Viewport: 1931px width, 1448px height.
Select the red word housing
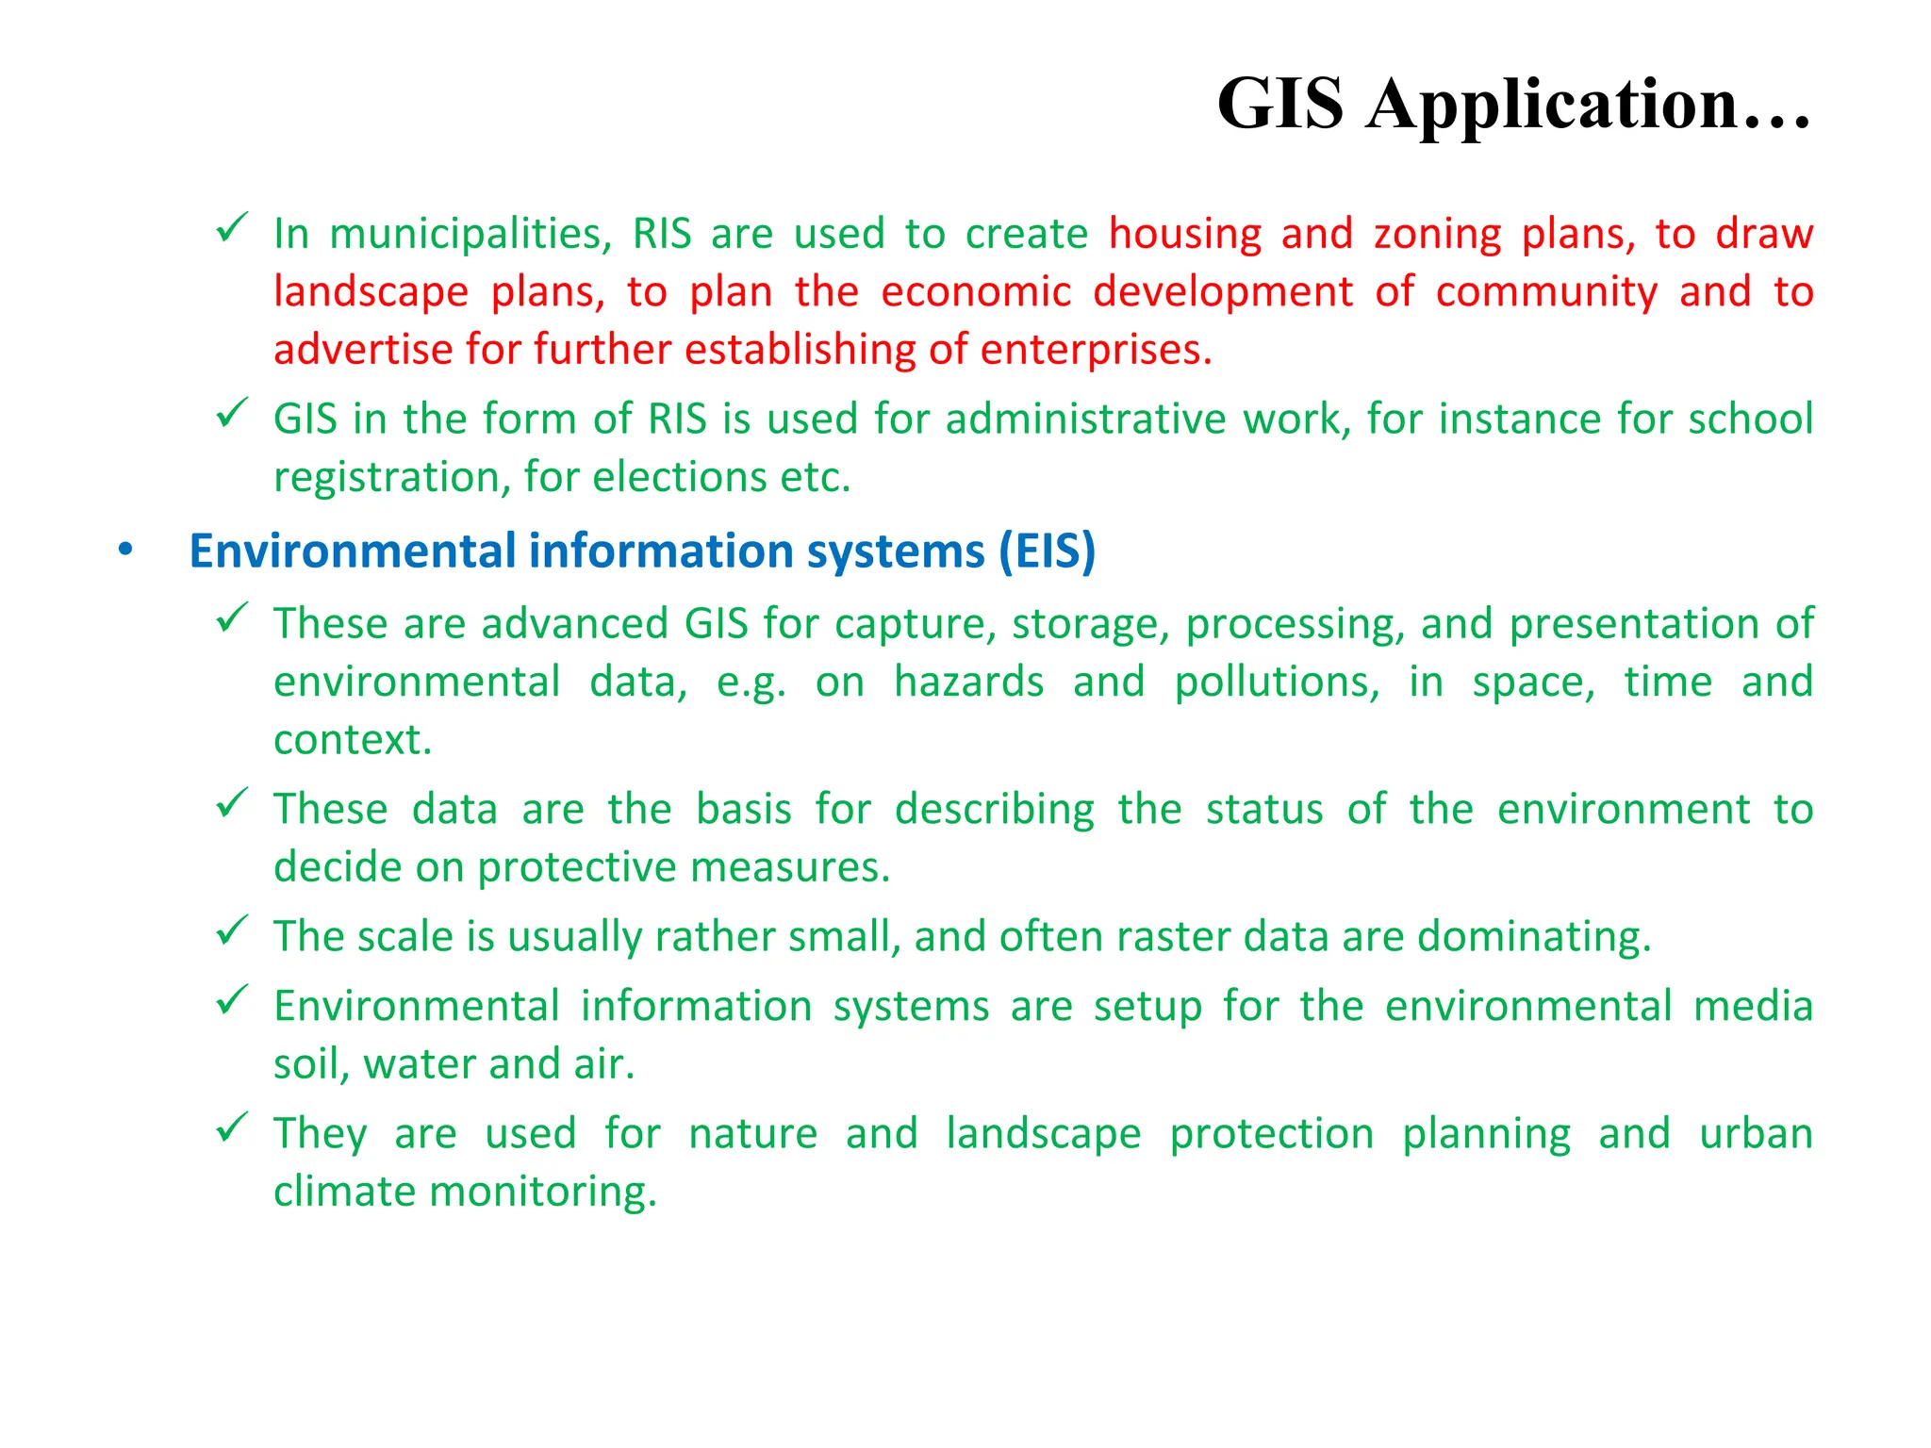click(x=1185, y=235)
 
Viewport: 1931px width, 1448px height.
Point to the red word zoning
click(x=1437, y=235)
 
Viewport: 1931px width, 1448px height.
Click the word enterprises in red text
click(x=1096, y=351)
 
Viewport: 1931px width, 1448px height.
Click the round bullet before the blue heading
click(x=125, y=551)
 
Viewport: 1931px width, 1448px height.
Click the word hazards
click(x=968, y=683)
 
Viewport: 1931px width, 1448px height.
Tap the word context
click(x=353, y=741)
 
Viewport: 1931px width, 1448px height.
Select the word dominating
click(x=1534, y=937)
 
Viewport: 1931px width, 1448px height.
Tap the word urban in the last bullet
click(x=1756, y=1134)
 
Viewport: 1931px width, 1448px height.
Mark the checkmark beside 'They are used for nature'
click(x=232, y=1127)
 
